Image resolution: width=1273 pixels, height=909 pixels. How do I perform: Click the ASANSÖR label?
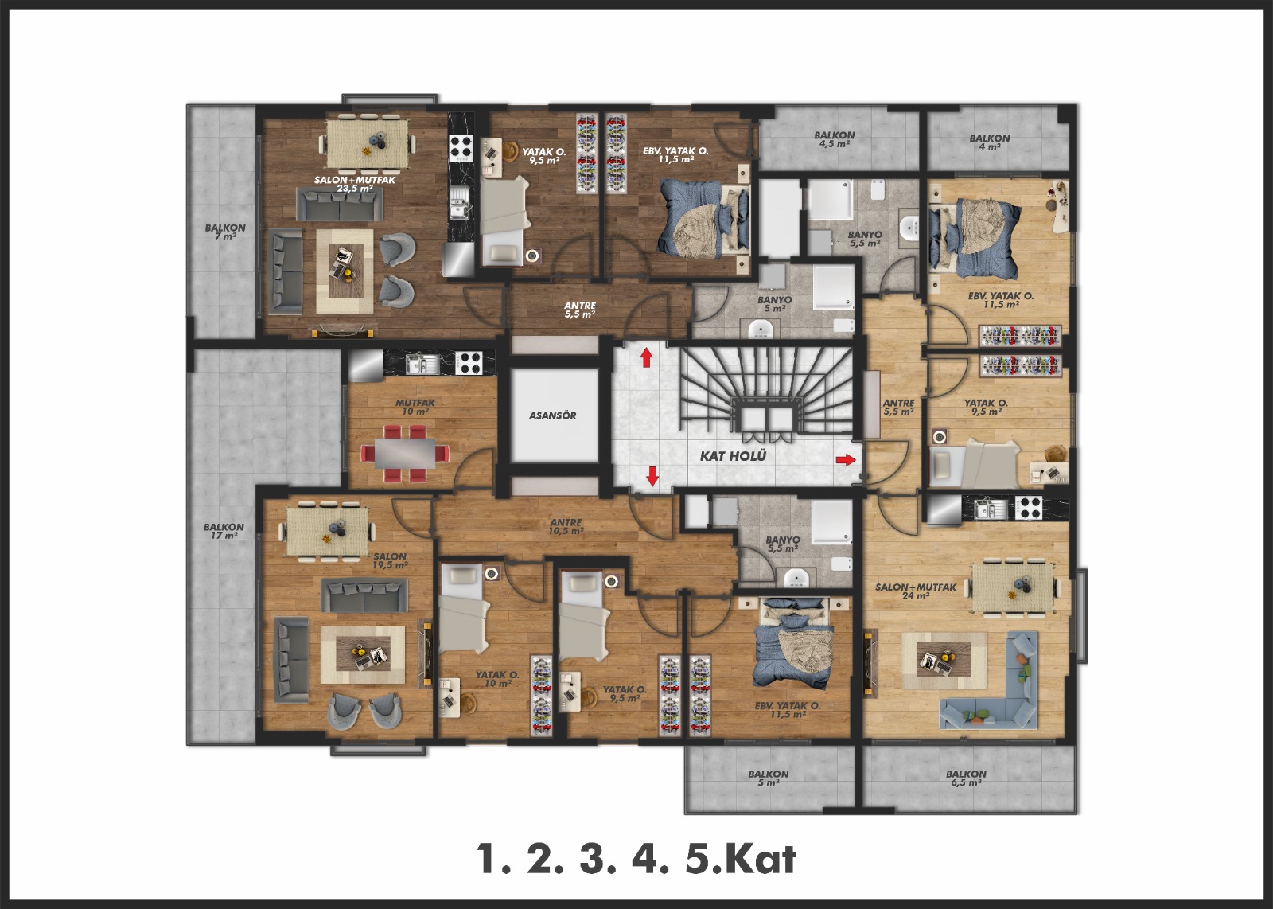coord(552,415)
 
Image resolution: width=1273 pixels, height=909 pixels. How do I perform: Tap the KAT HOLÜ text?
coord(733,456)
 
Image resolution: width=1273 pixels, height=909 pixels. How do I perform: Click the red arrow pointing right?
coord(846,459)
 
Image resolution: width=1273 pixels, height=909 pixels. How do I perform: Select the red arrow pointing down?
coord(652,476)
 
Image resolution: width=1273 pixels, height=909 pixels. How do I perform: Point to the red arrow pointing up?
coord(646,358)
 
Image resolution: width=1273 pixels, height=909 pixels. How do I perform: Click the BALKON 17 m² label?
coord(224,531)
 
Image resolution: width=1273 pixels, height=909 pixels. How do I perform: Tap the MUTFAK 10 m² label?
coord(415,407)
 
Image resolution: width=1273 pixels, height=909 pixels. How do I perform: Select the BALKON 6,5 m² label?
coord(966,778)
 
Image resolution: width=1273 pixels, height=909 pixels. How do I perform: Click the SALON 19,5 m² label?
coord(390,561)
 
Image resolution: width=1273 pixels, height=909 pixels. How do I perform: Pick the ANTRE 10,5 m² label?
coord(566,526)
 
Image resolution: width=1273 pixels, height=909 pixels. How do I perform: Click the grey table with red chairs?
coord(405,454)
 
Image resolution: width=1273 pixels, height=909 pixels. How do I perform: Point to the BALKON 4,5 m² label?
coord(835,139)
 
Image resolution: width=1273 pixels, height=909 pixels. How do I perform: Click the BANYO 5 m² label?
coord(775,304)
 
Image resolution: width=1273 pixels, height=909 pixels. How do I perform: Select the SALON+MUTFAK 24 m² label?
coord(916,591)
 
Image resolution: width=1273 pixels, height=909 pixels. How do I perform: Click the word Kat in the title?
coord(760,860)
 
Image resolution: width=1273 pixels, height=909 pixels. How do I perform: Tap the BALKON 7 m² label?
coord(225,232)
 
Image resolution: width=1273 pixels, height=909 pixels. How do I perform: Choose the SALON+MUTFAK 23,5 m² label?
coord(355,184)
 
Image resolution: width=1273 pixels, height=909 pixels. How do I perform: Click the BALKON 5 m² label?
coord(769,778)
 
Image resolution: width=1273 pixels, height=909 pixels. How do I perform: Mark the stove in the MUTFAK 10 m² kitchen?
coord(469,363)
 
